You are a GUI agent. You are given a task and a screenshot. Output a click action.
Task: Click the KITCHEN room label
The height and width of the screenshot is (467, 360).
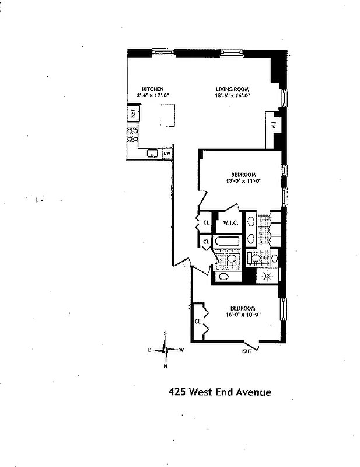tap(145, 89)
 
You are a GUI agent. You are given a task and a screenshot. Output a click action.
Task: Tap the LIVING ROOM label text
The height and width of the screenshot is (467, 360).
tap(232, 89)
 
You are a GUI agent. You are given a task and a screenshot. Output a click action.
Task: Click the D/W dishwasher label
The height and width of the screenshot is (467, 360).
tap(167, 154)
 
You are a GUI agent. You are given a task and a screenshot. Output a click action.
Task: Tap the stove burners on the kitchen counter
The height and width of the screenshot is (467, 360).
tap(133, 135)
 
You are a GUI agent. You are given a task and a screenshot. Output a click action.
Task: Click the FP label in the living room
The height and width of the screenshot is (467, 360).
tap(272, 124)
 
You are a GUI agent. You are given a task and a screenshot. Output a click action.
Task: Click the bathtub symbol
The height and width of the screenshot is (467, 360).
tap(226, 241)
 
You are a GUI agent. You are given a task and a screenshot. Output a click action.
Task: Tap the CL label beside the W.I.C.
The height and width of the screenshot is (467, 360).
tap(206, 223)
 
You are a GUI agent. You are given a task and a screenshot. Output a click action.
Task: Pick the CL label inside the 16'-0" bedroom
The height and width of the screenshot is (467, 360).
tap(198, 322)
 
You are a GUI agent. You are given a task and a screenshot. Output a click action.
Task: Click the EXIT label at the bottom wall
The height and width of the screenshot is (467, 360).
tap(247, 351)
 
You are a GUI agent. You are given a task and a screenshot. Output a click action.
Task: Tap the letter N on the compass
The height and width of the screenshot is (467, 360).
tap(166, 367)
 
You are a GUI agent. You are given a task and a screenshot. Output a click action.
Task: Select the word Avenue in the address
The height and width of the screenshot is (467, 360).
tap(252, 392)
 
